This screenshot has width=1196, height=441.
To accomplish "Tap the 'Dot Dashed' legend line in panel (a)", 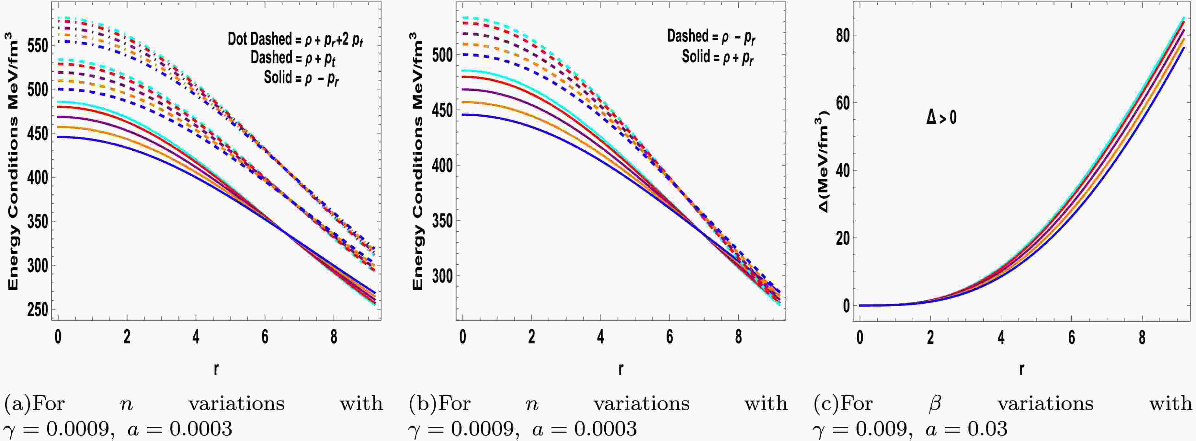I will pos(295,39).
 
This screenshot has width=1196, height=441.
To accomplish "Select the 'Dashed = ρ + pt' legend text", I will pos(293,58).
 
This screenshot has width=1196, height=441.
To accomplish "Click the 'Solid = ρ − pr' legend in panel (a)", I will pos(301,78).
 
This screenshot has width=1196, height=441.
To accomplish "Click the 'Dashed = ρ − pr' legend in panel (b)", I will pos(711,37).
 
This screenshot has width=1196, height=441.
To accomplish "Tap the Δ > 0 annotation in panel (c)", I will pos(941,117).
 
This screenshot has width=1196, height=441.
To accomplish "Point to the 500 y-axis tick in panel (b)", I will pos(442,55).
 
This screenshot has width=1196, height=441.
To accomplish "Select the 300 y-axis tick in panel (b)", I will pos(442,275).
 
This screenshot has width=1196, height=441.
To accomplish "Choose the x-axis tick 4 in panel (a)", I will pos(196,337).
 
